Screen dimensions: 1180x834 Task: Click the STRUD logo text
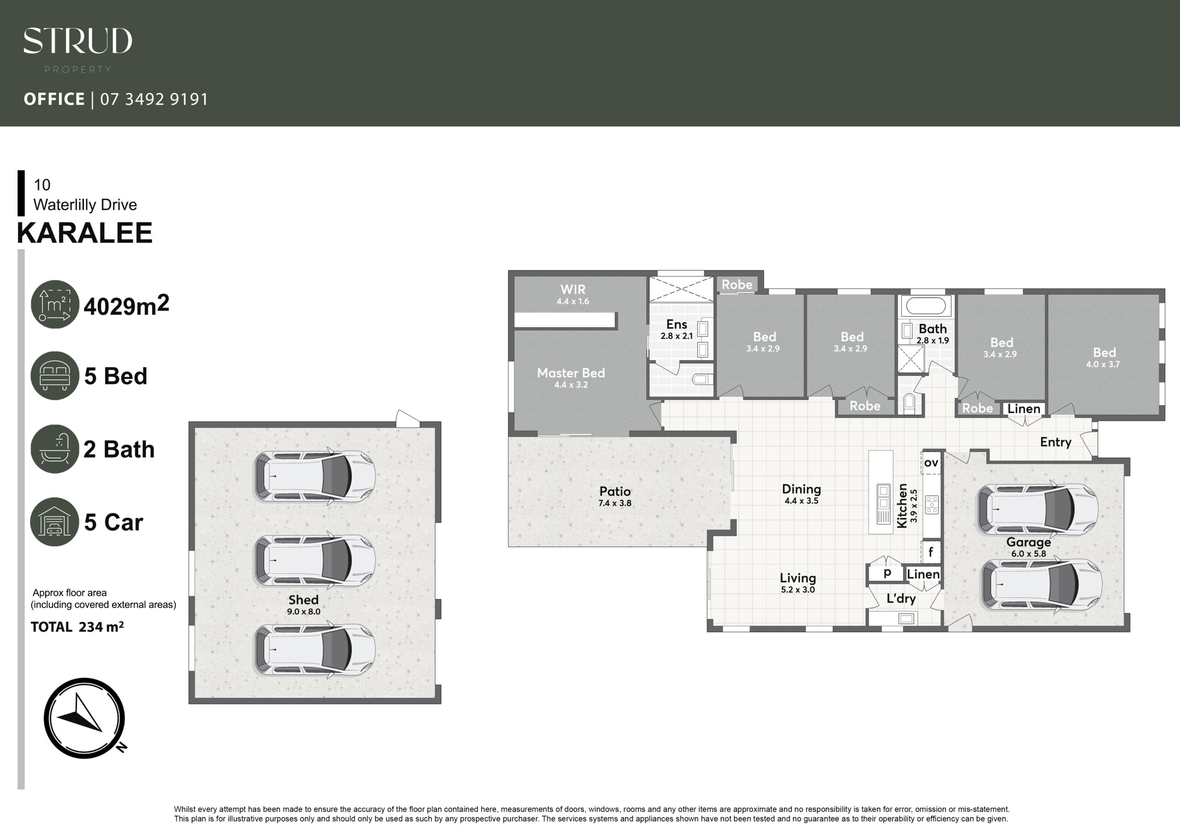point(77,41)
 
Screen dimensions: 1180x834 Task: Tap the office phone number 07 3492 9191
point(154,99)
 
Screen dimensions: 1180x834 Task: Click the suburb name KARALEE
point(85,233)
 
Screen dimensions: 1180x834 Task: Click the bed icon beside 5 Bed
point(55,376)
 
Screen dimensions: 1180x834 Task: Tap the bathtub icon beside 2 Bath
point(55,449)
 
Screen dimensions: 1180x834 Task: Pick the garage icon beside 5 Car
point(55,522)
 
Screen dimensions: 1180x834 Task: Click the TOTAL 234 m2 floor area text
point(77,627)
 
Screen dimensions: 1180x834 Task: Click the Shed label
point(303,599)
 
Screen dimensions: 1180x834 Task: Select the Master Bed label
point(571,373)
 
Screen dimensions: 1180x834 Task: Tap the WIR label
point(573,289)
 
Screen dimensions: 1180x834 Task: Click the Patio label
point(615,491)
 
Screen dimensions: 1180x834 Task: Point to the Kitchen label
point(902,505)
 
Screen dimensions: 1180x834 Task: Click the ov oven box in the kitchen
point(931,463)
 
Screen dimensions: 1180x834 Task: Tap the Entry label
point(1056,442)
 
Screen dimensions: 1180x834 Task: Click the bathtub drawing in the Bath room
point(926,306)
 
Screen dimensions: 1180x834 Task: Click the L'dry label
point(901,599)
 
